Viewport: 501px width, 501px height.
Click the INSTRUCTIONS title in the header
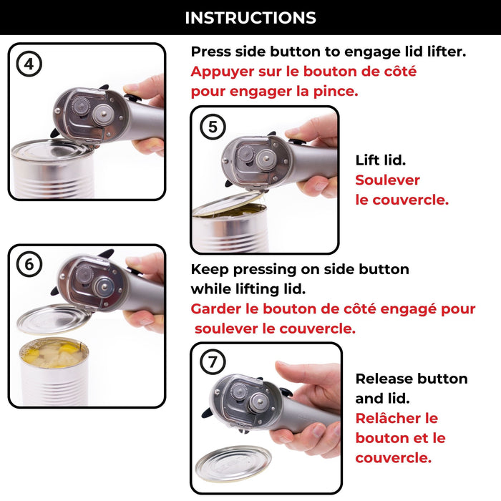pos(250,18)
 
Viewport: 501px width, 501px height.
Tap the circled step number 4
pos(29,64)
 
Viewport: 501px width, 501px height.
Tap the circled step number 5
pos(213,127)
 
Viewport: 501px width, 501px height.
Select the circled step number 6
pos(29,264)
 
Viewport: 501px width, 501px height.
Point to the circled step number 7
pos(213,363)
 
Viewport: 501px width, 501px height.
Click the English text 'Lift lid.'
pos(381,161)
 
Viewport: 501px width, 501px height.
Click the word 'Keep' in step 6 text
pos(208,270)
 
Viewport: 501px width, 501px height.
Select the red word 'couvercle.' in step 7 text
pos(393,457)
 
